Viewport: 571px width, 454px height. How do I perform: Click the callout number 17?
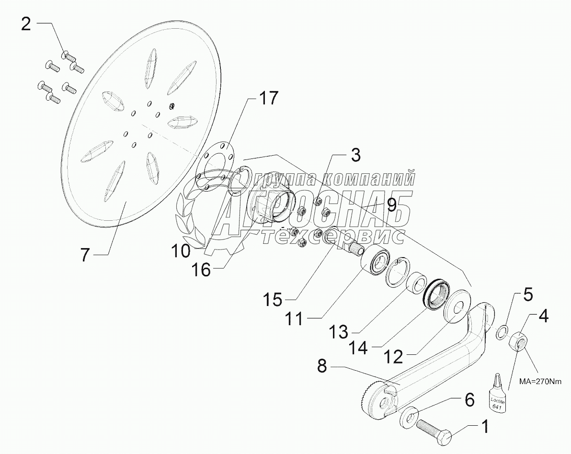[x=268, y=98]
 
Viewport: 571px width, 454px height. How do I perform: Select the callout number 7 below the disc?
[x=84, y=255]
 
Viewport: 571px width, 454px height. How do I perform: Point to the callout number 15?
[x=273, y=300]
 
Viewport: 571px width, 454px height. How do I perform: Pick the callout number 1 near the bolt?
[x=485, y=425]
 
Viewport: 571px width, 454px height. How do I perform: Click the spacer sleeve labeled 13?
[x=416, y=283]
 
